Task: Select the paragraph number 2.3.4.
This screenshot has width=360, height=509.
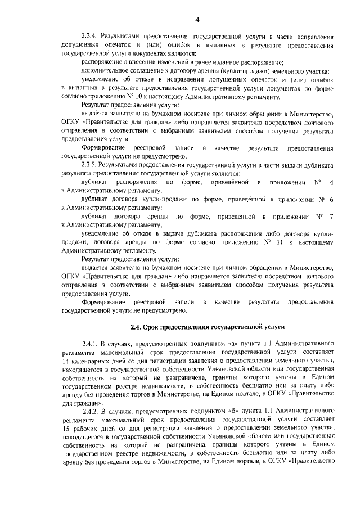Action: (92, 35)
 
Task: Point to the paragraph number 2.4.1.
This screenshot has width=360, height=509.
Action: (92, 343)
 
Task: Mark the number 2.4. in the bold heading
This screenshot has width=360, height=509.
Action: (138, 326)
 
